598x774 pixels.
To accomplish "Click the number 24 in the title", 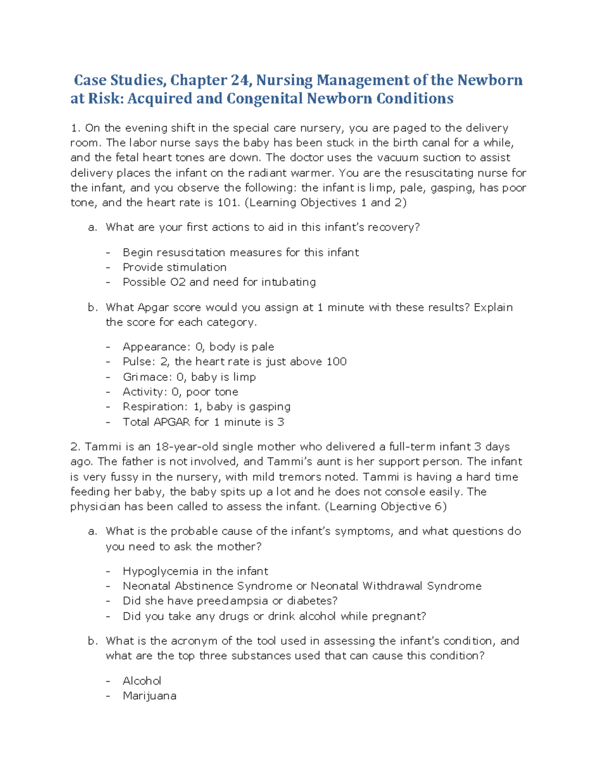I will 241,80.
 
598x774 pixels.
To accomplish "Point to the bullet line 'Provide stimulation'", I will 174,267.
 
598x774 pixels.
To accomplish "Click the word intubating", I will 289,282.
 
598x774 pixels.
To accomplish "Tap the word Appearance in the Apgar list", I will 154,347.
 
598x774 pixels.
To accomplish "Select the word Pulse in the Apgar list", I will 139,362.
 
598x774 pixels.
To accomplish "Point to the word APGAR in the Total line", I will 172,422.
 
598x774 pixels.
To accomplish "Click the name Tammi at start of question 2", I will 103,447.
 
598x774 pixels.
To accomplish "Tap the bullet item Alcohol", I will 142,681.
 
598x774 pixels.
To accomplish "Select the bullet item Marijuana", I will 149,696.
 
